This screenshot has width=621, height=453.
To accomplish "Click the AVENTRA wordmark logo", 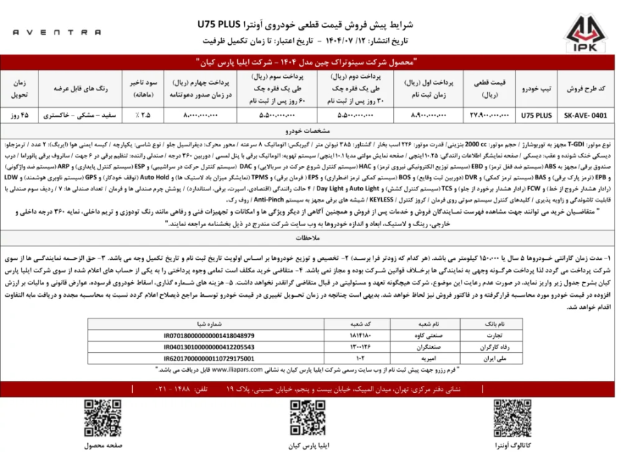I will (59, 32).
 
